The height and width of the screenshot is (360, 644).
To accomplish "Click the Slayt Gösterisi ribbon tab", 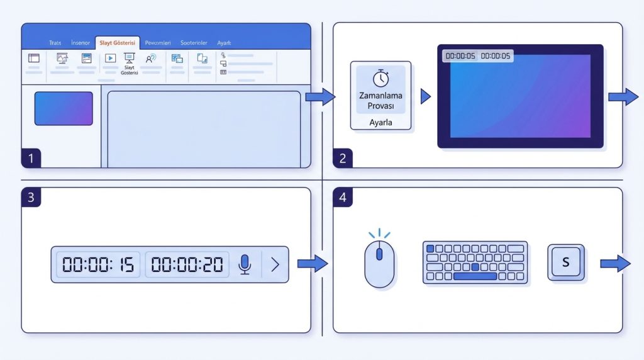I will pos(118,43).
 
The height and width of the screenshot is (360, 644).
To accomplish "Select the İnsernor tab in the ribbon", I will pos(80,43).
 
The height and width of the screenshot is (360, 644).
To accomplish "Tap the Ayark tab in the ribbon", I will pos(225,43).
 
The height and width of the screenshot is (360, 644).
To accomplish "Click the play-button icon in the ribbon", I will pos(110,58).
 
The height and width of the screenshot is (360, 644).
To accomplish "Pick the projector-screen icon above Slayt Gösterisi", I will pos(130,58).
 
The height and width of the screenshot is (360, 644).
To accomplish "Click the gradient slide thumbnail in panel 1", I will pos(64,108).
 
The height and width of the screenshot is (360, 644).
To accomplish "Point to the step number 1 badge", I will pos(31,159).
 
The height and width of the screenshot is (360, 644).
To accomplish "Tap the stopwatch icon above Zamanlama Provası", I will pos(380,78).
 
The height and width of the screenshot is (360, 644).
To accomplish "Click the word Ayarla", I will pos(380,123).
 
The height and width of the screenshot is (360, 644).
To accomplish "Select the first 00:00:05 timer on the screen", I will pos(460,56).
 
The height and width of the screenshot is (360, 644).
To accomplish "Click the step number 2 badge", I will pos(343,159).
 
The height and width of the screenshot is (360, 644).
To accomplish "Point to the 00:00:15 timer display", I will pos(98,265).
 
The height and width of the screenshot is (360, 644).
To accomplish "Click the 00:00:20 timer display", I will pos(187,265).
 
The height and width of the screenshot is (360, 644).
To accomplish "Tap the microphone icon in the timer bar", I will pos(245,265).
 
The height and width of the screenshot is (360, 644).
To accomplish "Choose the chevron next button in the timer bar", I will pos(275,265).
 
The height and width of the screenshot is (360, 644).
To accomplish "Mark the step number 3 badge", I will pos(31,197).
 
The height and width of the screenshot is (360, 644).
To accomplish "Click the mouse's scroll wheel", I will pos(379,254).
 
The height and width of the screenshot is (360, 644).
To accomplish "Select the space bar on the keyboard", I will pos(475,276).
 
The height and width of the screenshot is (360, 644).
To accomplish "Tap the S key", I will pos(565,262).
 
